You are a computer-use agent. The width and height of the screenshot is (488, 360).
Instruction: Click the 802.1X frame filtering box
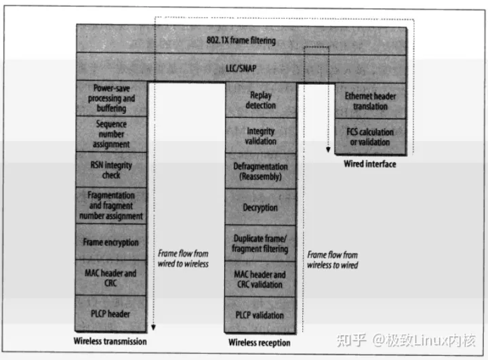pyautogui.click(x=241, y=41)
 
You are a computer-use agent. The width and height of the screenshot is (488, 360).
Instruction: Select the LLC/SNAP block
pyautogui.click(x=241, y=68)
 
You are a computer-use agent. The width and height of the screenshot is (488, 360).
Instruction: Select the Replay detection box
pyautogui.click(x=260, y=100)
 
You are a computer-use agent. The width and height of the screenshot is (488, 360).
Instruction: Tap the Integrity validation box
pyautogui.click(x=260, y=136)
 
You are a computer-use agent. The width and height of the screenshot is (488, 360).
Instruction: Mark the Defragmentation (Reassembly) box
pyautogui.click(x=260, y=171)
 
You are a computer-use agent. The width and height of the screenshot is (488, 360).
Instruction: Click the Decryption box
pyautogui.click(x=260, y=207)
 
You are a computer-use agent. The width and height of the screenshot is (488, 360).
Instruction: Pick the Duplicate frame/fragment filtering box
pyautogui.click(x=260, y=243)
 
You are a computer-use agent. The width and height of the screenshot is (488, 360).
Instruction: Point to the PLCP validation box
pyautogui.click(x=260, y=315)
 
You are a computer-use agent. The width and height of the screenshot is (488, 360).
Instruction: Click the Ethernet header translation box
pyautogui.click(x=370, y=101)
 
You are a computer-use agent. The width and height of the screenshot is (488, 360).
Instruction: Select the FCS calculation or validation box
pyautogui.click(x=370, y=136)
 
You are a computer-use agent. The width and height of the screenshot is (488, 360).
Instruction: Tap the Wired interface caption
pyautogui.click(x=370, y=164)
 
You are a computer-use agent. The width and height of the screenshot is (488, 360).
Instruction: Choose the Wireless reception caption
pyautogui.click(x=260, y=342)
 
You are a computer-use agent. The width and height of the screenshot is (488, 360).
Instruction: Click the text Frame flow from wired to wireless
pyautogui.click(x=182, y=259)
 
